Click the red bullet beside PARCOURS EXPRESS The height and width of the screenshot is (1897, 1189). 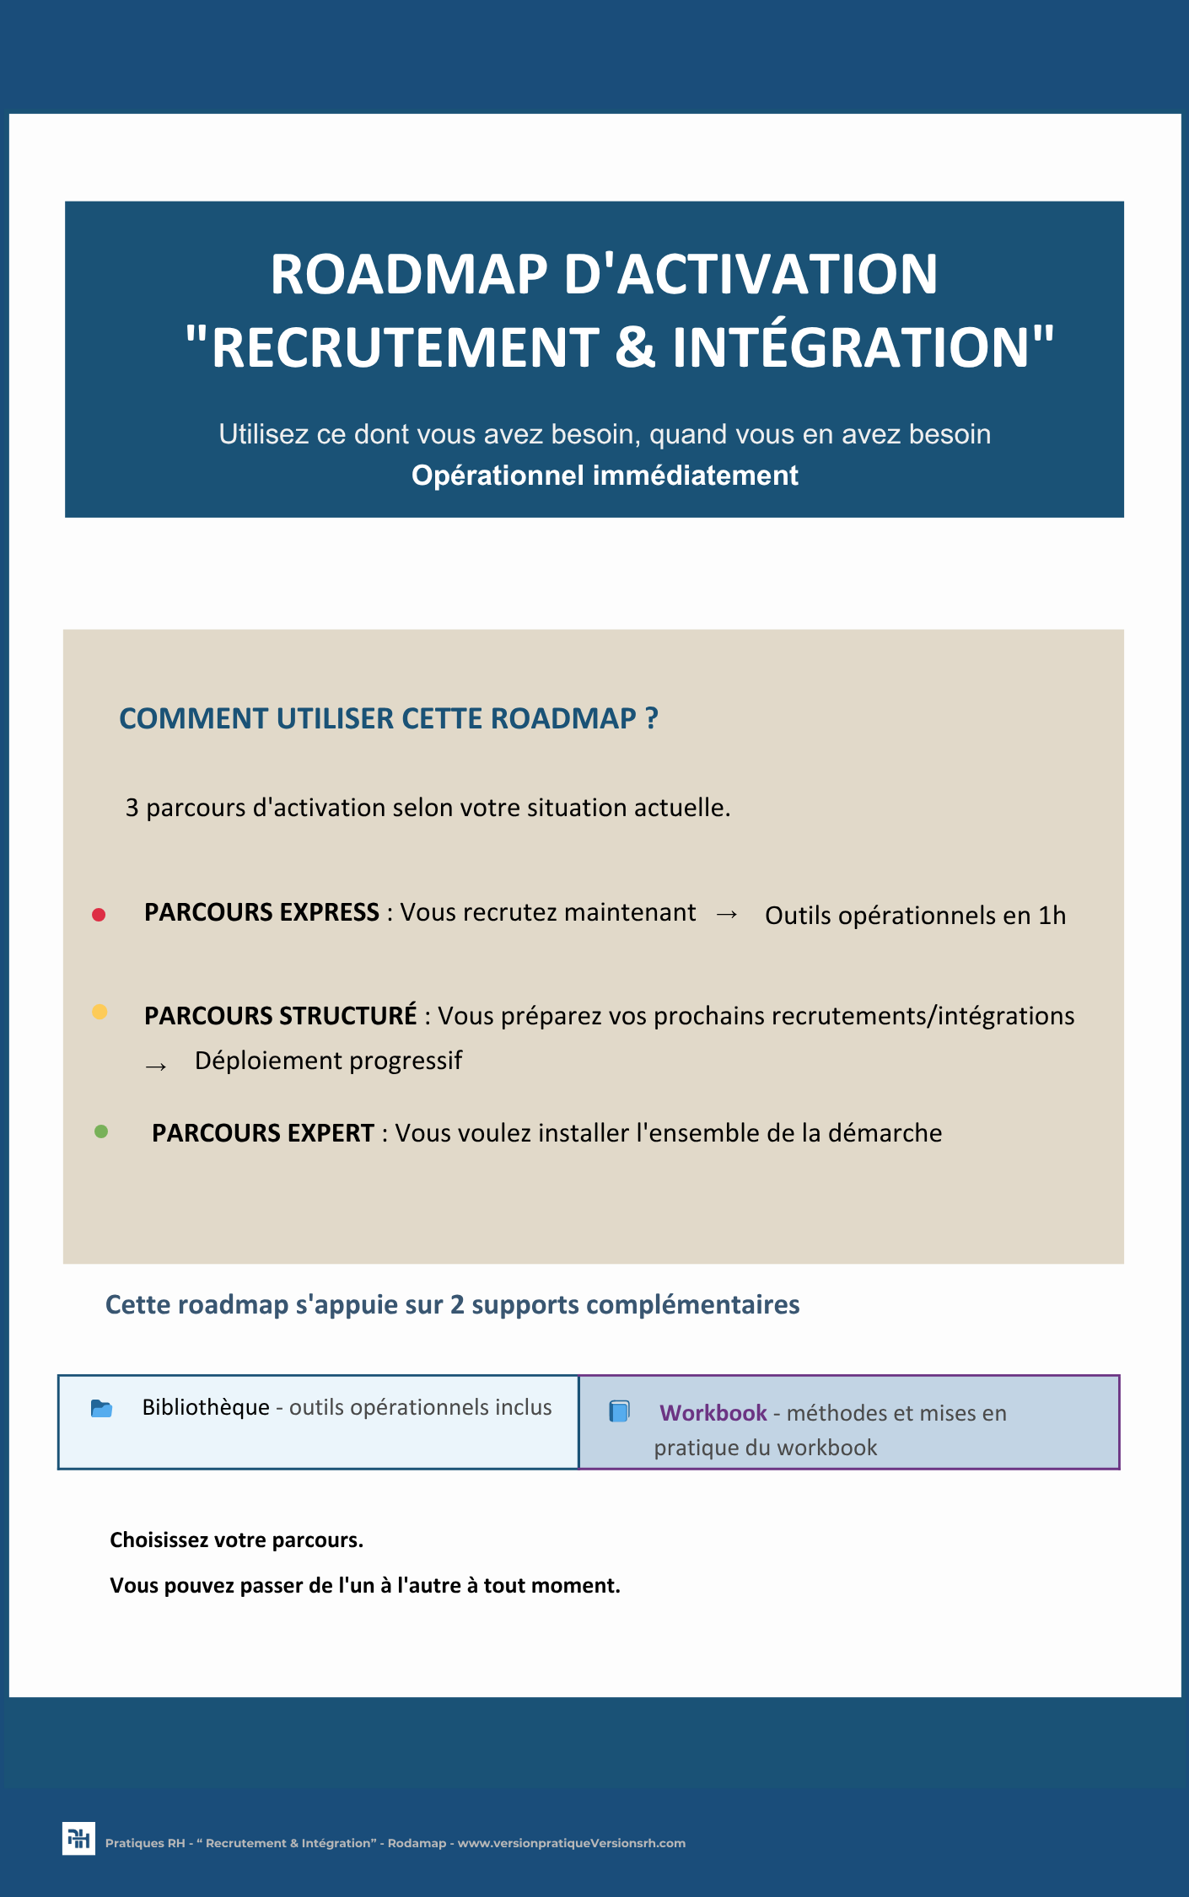99,915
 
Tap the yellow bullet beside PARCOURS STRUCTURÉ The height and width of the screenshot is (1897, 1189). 100,1013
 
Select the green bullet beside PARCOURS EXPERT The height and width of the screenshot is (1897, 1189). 101,1131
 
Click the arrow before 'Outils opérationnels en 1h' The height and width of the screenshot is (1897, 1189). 727,915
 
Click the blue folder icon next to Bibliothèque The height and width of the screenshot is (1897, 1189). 101,1408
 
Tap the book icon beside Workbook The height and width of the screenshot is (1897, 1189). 620,1411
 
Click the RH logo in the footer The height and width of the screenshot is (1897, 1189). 78,1838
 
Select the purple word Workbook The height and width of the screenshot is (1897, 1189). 713,1413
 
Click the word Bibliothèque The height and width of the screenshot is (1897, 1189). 206,1407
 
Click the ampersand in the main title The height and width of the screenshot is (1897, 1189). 635,347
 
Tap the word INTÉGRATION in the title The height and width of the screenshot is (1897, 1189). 852,347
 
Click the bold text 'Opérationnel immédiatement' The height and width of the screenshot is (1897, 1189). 605,476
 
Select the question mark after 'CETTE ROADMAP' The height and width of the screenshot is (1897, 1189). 651,718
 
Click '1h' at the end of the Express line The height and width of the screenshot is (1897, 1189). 1052,916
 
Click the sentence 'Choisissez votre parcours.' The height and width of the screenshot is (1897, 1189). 236,1540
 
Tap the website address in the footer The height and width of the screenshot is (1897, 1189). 571,1843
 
